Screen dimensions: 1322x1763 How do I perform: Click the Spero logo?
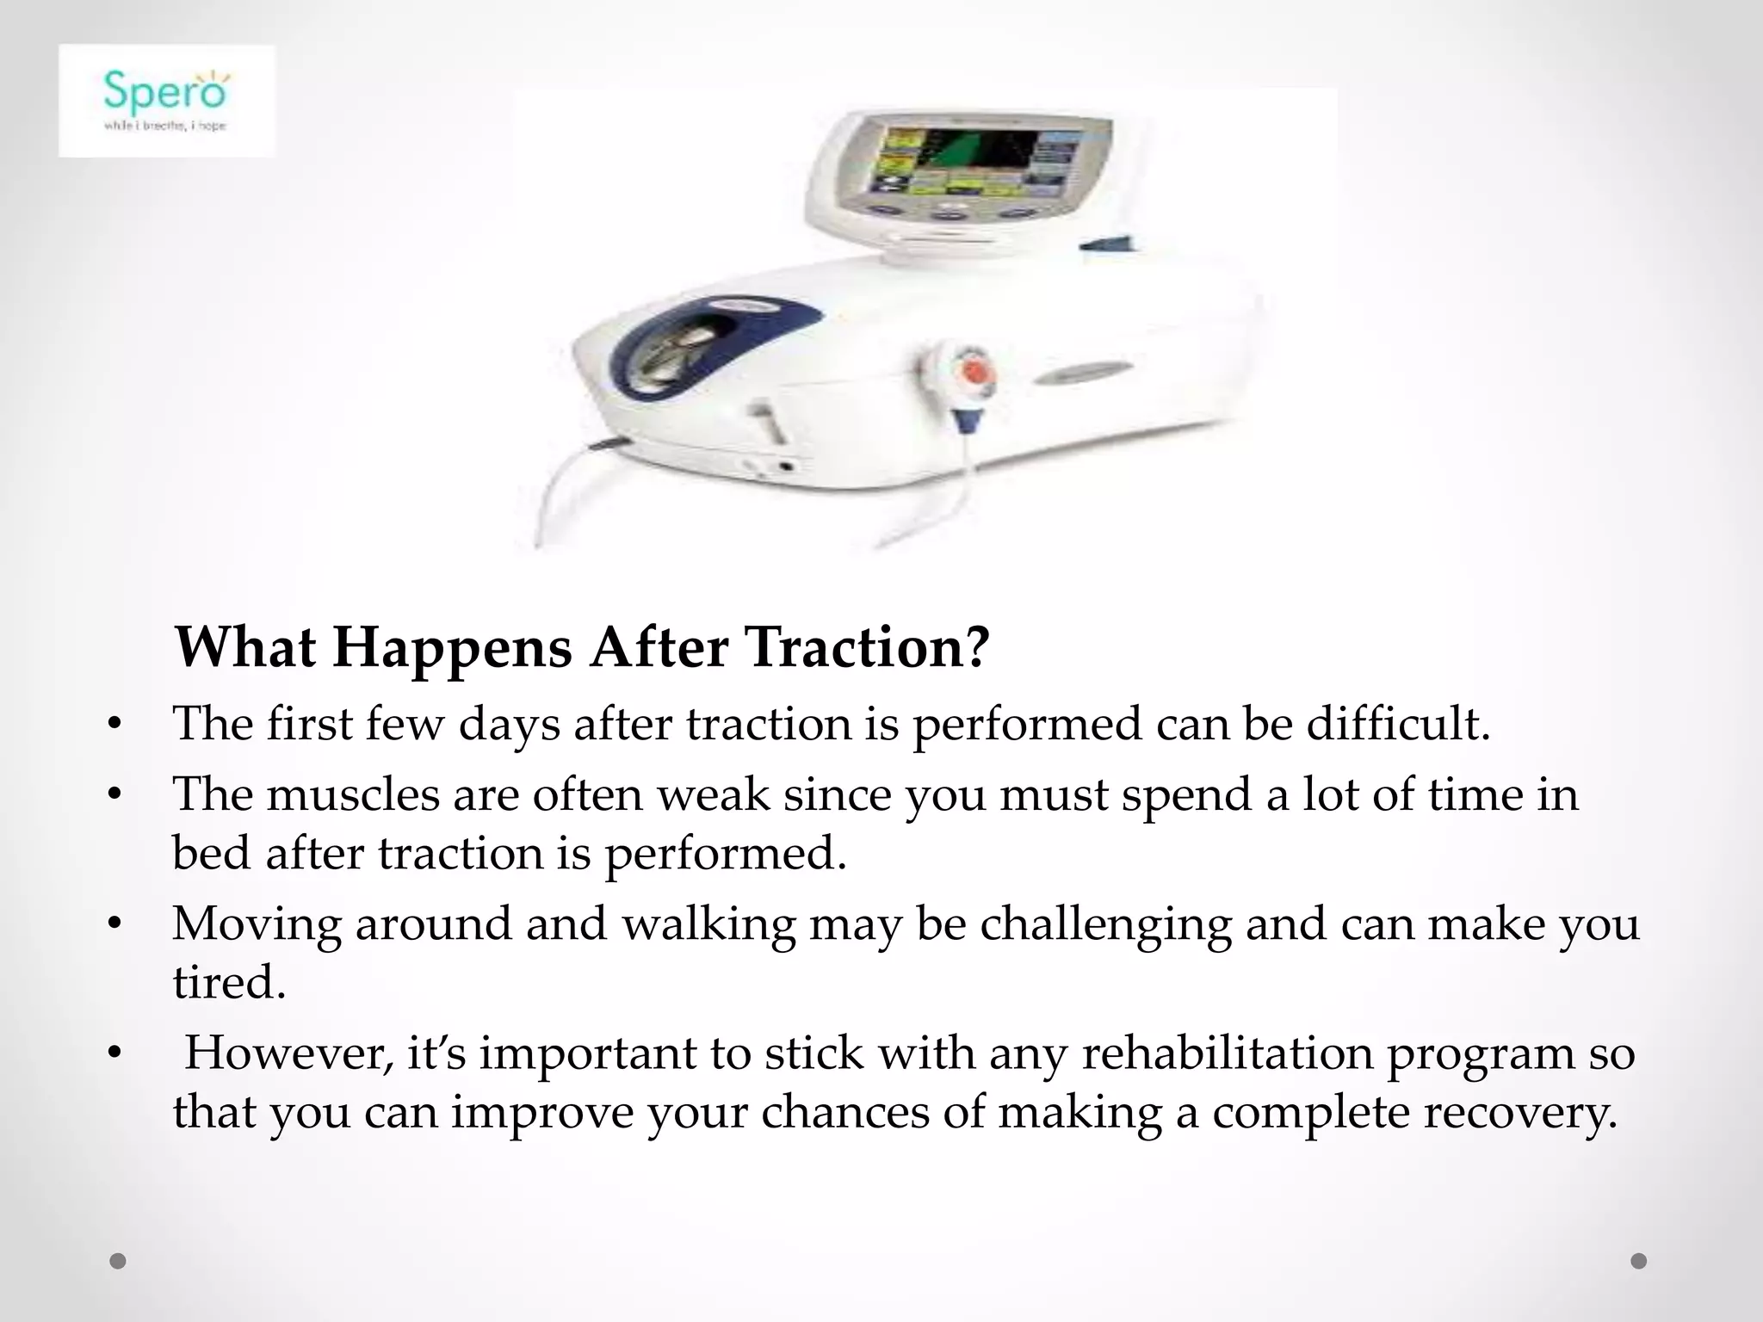point(166,101)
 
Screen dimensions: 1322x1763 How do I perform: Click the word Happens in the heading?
point(452,647)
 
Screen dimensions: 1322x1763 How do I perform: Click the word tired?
point(228,982)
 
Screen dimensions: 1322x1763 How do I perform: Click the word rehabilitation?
point(1226,1053)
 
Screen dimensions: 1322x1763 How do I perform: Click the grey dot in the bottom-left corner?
point(118,1262)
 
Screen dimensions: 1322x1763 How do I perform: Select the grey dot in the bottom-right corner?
point(1639,1262)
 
